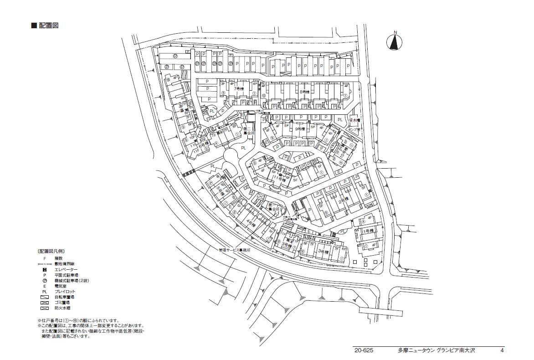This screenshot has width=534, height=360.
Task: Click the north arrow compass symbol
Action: pyautogui.click(x=395, y=41)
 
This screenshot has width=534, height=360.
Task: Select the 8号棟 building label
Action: pyautogui.click(x=304, y=92)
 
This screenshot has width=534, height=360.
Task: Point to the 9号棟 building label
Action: pyautogui.click(x=299, y=129)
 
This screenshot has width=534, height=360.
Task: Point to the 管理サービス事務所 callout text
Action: pyautogui.click(x=235, y=250)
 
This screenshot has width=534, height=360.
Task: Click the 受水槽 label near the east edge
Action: pyautogui.click(x=354, y=120)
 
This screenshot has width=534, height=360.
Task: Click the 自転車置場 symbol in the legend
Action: pyautogui.click(x=45, y=297)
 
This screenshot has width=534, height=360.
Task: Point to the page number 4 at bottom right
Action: pyautogui.click(x=502, y=350)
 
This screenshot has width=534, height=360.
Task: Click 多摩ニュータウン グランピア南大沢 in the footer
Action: pyautogui.click(x=436, y=350)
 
